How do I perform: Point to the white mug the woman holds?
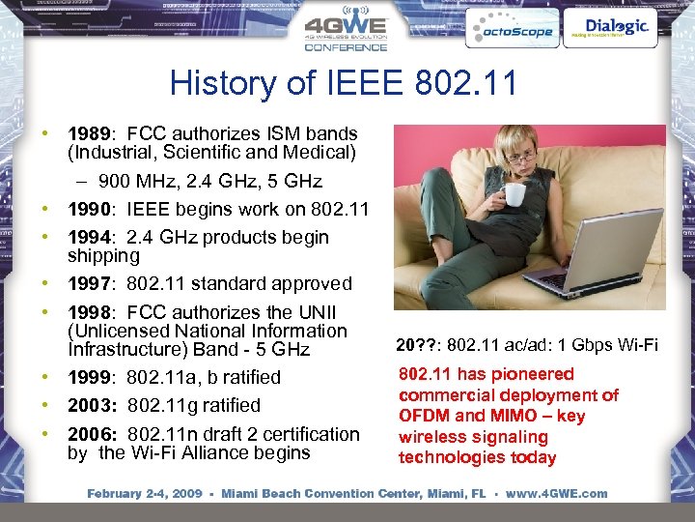coord(514,194)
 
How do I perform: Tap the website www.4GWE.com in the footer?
coord(557,493)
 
